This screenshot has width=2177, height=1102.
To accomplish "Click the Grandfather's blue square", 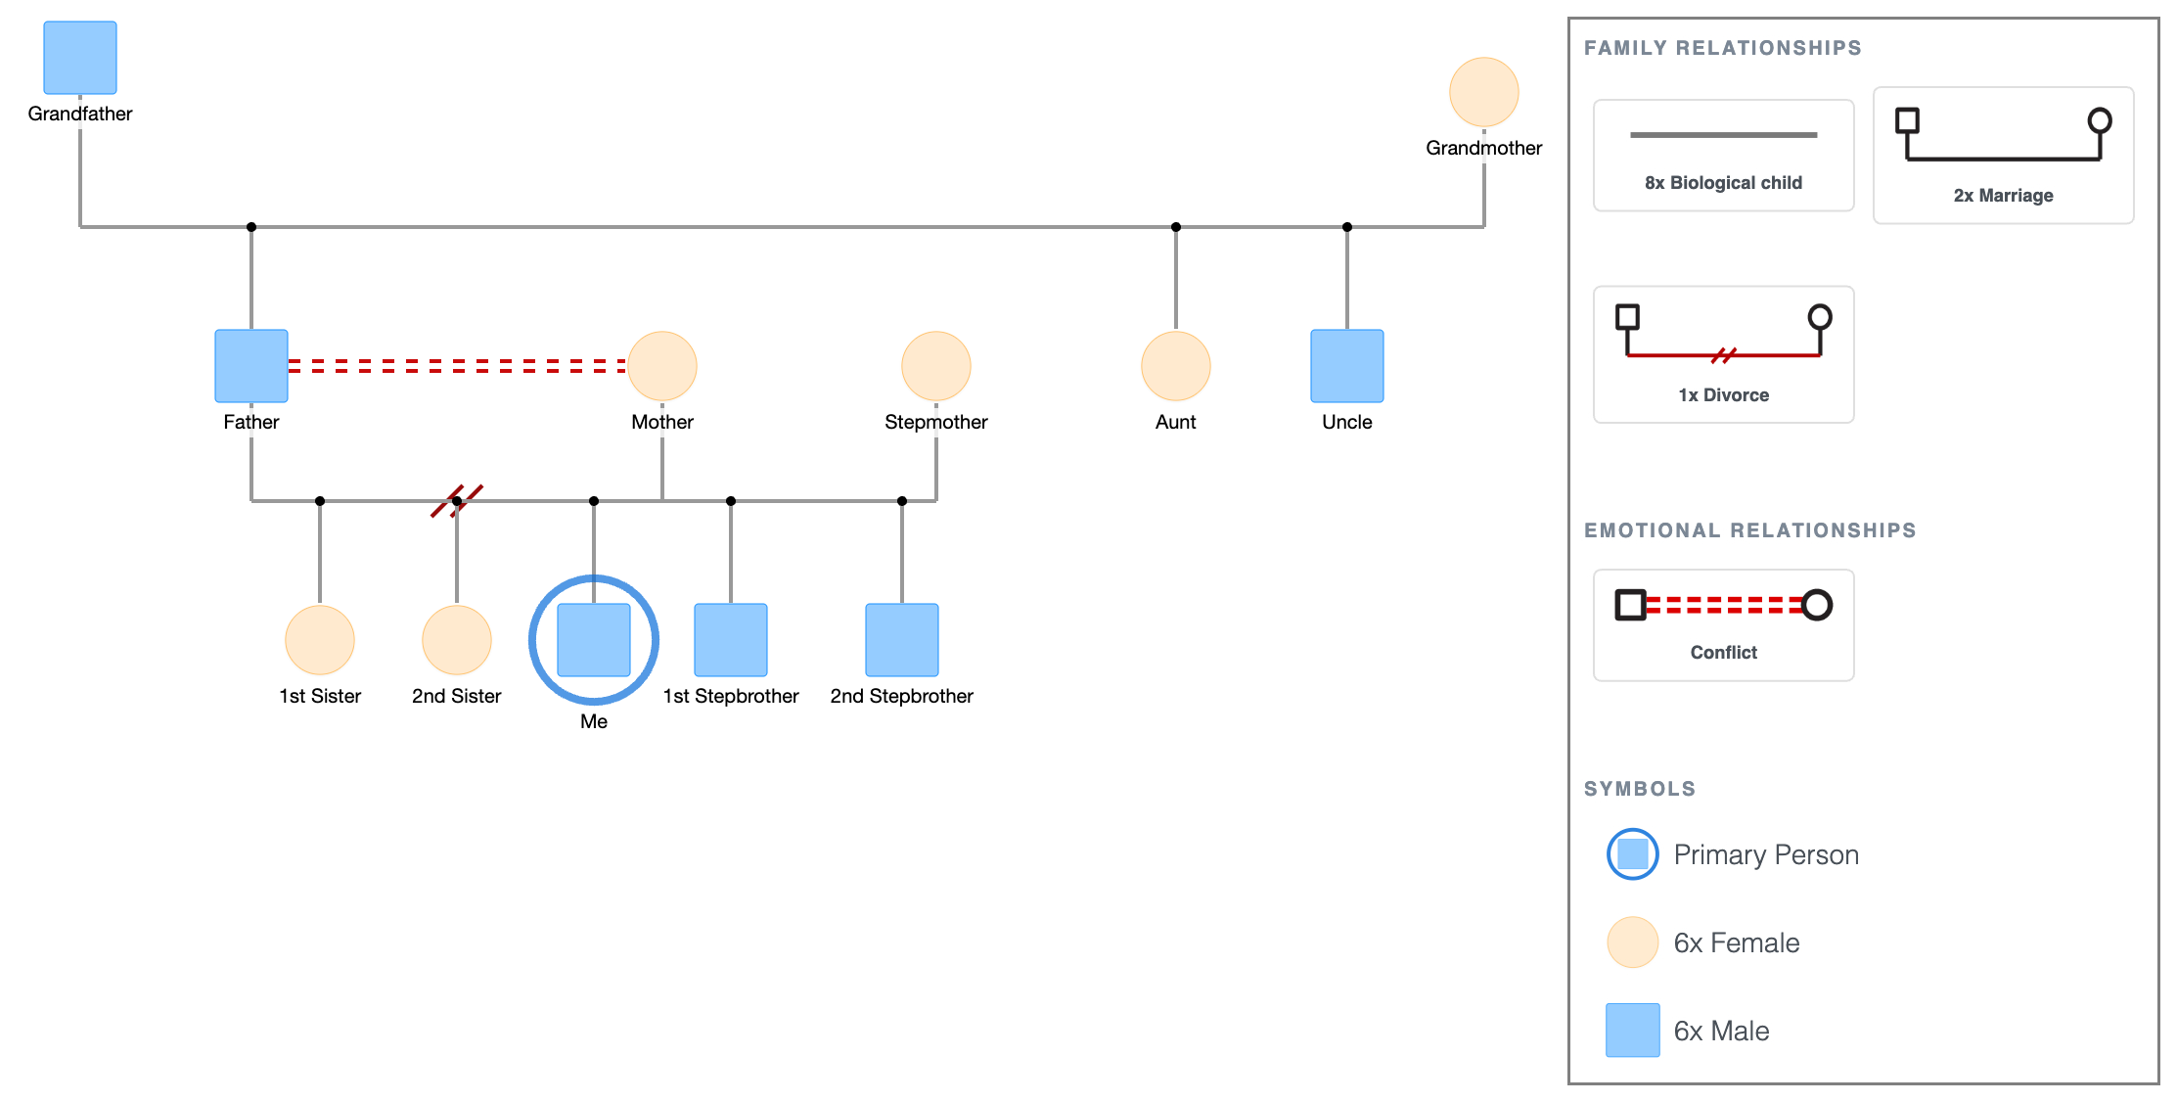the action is (x=80, y=58).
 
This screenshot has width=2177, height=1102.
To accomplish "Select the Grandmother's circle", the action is (x=1484, y=92).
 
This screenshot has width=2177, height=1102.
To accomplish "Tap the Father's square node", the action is (x=251, y=366).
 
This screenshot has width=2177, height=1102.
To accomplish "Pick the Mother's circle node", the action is (x=662, y=366).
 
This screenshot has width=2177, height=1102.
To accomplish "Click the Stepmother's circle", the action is (x=936, y=366).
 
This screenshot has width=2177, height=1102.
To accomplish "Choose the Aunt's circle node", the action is (x=1176, y=366).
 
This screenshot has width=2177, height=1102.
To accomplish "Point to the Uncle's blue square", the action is (x=1347, y=366).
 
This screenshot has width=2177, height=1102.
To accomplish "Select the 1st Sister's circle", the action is (x=320, y=640).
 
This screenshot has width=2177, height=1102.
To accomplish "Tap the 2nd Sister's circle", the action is (x=457, y=640).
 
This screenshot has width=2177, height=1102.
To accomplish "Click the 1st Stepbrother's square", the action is (x=731, y=640).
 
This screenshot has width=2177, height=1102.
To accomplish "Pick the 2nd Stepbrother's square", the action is (x=902, y=640).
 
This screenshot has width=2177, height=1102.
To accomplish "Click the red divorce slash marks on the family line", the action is (x=457, y=500).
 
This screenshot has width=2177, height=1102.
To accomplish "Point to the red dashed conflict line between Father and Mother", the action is (x=458, y=366).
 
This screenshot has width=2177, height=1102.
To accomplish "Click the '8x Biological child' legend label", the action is (x=1723, y=183).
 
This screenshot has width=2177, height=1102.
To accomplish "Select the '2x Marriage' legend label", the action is (x=2003, y=196).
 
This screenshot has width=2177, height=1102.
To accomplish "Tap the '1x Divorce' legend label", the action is (x=1723, y=395).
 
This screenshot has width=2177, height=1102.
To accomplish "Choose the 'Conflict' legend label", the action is (x=1723, y=653).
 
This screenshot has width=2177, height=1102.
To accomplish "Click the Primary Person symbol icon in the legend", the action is (x=1633, y=854).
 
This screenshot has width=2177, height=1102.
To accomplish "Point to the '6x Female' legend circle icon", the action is (x=1633, y=942).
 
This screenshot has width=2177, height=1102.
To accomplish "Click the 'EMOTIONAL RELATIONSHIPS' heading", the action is (x=1749, y=530).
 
